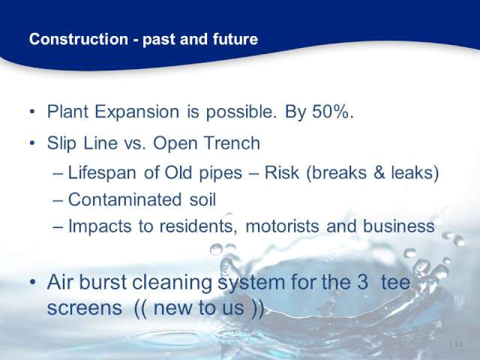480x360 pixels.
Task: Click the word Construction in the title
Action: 79,39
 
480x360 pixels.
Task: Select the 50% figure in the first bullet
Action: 333,112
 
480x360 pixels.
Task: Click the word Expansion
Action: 136,112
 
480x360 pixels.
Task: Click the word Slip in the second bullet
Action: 61,144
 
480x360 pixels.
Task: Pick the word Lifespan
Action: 102,173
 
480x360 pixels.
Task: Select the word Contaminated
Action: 125,199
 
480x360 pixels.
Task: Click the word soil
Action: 202,199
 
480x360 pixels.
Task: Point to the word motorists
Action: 283,226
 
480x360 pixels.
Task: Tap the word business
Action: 398,226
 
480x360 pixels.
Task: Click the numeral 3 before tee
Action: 362,282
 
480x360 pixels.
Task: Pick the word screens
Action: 85,308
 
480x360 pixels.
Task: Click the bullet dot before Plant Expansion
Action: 32,112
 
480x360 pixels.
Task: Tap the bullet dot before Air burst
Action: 33,283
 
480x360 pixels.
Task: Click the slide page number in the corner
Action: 456,345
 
